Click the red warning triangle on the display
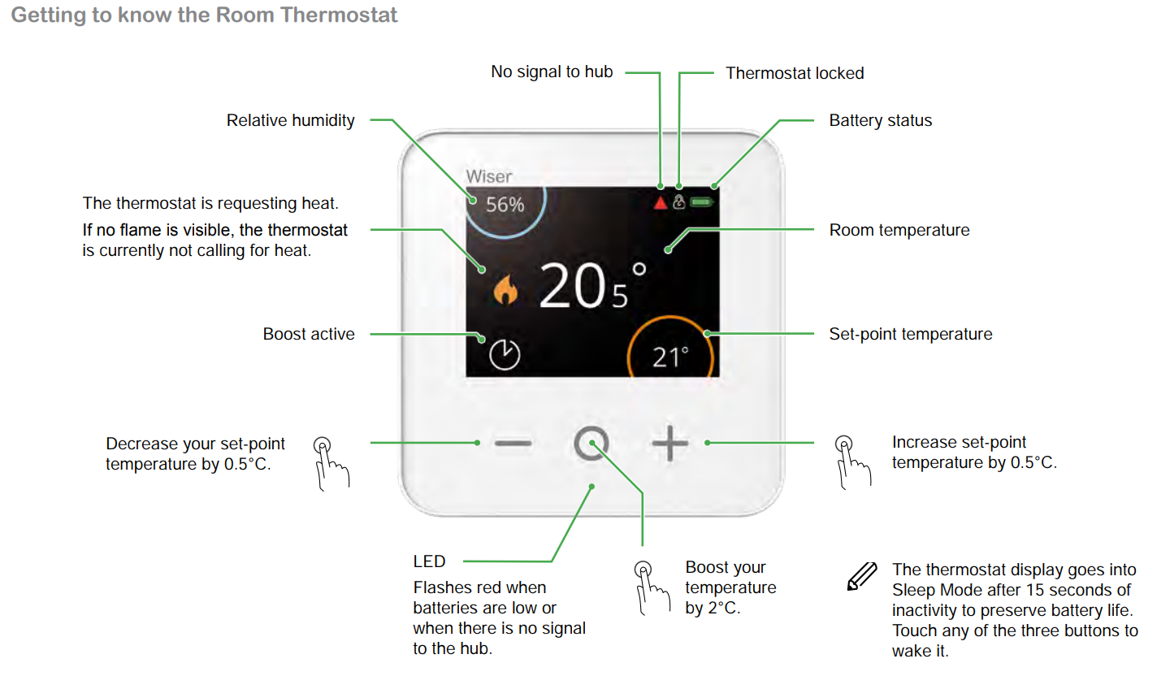pos(661,202)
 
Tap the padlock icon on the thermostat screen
pos(679,201)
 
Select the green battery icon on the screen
pos(701,202)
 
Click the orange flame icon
pos(505,289)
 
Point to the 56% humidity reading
pos(505,205)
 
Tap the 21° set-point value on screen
pos(670,357)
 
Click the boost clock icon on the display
pos(505,355)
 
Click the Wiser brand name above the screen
pos(489,176)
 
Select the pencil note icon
pos(862,576)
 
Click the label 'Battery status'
pos(881,121)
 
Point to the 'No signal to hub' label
pos(552,71)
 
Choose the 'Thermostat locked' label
pos(795,73)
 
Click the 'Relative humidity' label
pos(290,121)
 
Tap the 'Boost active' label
pos(309,334)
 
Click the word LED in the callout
pos(429,561)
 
